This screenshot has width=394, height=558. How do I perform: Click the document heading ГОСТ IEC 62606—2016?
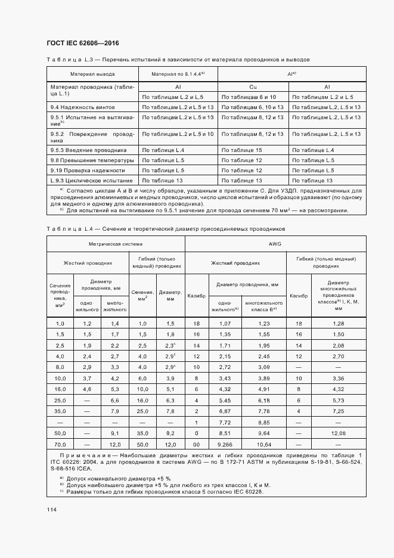click(x=83, y=44)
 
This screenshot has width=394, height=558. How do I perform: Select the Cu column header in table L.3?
click(x=253, y=87)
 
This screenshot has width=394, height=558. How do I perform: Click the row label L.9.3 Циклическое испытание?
click(x=91, y=180)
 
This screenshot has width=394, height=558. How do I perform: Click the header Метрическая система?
click(x=116, y=244)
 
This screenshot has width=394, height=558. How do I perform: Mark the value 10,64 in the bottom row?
click(x=263, y=445)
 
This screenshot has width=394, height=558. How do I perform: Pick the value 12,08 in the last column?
click(x=338, y=432)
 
